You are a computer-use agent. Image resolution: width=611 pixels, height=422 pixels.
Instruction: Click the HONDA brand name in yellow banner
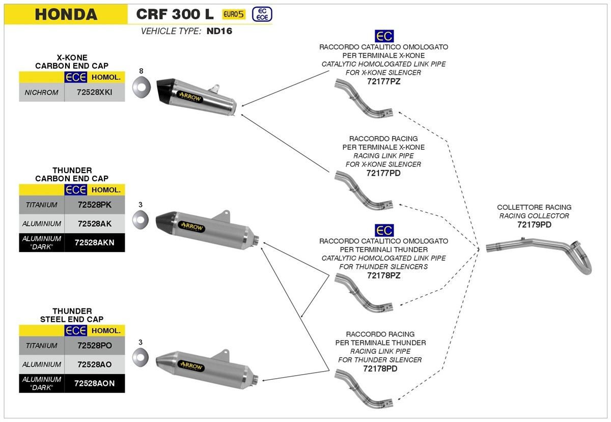click(x=66, y=14)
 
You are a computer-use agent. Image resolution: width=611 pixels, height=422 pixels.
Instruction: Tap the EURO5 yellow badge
click(x=234, y=15)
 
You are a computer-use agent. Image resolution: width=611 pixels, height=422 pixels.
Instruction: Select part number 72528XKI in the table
click(x=95, y=93)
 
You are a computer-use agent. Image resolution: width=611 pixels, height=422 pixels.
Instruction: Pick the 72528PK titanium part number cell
click(x=95, y=205)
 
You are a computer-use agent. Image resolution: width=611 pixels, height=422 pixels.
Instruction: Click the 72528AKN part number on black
click(x=95, y=242)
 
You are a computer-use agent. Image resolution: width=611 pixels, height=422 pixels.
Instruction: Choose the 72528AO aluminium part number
click(x=95, y=364)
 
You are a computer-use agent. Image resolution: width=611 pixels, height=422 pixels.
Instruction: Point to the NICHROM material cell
click(x=42, y=93)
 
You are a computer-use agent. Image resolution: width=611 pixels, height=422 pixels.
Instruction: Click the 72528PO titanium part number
click(x=95, y=346)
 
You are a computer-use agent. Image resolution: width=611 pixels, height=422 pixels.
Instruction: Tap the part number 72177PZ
click(x=383, y=81)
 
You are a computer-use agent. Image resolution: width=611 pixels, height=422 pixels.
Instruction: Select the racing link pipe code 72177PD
click(x=383, y=173)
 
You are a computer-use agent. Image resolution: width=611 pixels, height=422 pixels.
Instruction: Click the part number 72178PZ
click(x=383, y=275)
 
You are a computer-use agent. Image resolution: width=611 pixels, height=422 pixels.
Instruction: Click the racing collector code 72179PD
click(x=534, y=224)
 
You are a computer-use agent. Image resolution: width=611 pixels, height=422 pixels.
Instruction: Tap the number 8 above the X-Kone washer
click(x=142, y=71)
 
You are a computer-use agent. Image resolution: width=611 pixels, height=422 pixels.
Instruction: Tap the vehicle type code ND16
click(x=215, y=31)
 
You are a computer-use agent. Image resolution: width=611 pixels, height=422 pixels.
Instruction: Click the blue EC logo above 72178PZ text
click(x=383, y=230)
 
